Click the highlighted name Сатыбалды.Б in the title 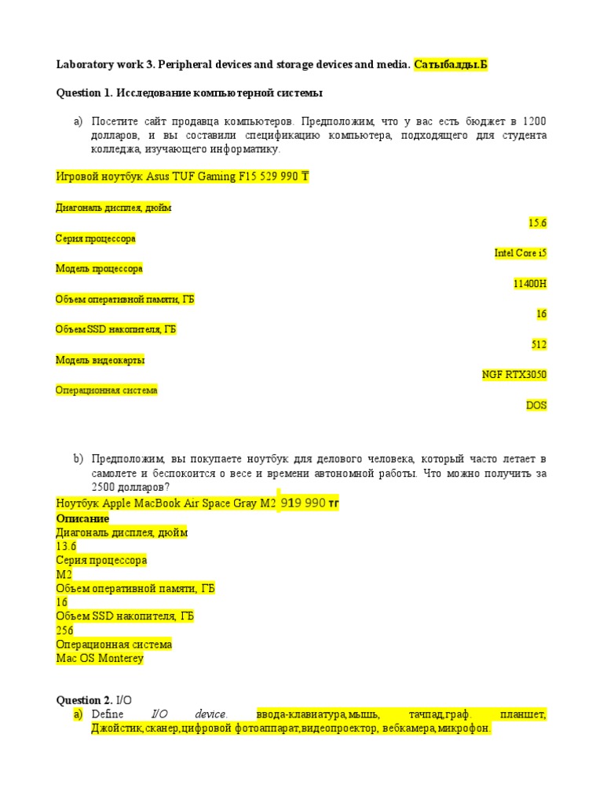(x=451, y=65)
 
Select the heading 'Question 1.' (x=85, y=93)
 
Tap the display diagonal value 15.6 (x=537, y=223)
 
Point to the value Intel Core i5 (x=521, y=253)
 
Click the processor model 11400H (x=530, y=284)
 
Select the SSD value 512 (x=539, y=345)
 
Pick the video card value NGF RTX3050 (x=514, y=375)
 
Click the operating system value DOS (x=536, y=405)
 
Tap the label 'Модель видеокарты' (x=100, y=360)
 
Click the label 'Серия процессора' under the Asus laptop (x=95, y=238)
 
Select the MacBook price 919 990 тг (x=309, y=503)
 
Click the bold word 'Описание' (x=82, y=518)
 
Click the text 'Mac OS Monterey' (x=100, y=659)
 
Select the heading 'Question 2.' (x=84, y=699)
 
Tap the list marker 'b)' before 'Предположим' (x=78, y=459)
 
